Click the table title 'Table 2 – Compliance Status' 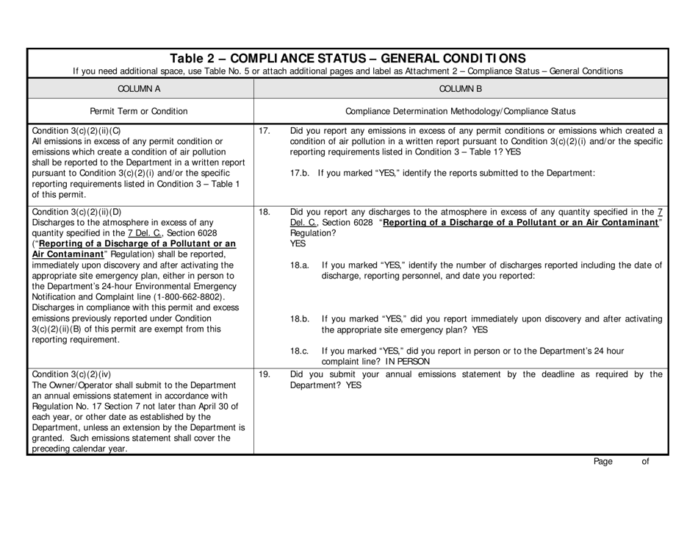point(348,58)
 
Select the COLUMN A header point(139,88)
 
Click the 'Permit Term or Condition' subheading point(139,112)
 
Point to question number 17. point(265,132)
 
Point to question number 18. point(265,211)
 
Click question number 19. point(265,374)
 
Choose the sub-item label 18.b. point(301,318)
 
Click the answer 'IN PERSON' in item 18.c point(405,361)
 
